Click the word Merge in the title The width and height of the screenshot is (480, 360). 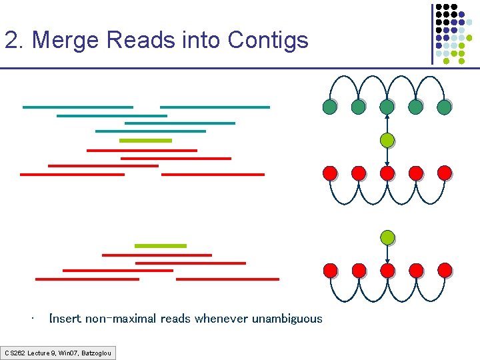[65, 41]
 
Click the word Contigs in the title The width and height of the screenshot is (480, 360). [267, 41]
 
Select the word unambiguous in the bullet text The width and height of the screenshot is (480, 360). [287, 319]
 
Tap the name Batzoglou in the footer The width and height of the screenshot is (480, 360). [97, 352]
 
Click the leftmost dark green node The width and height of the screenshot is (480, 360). [329, 107]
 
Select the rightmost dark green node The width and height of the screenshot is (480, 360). [445, 107]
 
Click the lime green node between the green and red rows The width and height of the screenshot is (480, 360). [387, 140]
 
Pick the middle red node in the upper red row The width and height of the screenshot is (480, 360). [387, 173]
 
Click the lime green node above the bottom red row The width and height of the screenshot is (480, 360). [387, 237]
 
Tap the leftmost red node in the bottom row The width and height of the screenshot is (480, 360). [329, 270]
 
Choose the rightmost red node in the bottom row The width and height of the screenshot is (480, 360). [445, 270]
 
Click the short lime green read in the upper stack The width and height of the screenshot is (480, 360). [145, 141]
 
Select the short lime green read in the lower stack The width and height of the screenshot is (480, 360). [161, 246]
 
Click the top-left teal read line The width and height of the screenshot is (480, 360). [78, 107]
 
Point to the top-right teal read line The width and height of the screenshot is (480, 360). [215, 107]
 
